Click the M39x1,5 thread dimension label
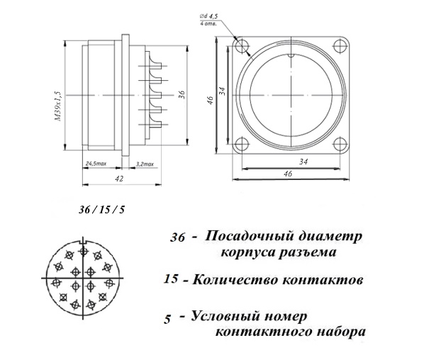click(58, 106)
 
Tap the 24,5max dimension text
click(96, 164)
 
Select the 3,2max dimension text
click(145, 164)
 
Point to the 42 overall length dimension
click(119, 179)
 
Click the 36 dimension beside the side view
click(182, 94)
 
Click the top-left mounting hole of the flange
click(242, 46)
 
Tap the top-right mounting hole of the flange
click(340, 46)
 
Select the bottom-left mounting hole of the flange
click(242, 144)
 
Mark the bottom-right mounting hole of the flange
click(340, 144)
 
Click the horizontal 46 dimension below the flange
click(289, 173)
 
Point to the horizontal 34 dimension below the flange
click(303, 162)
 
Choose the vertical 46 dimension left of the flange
click(211, 100)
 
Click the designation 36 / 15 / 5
click(102, 210)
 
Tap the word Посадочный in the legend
click(249, 236)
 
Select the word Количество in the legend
click(236, 280)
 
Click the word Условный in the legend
click(225, 315)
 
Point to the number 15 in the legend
click(171, 279)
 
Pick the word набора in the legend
click(341, 332)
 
